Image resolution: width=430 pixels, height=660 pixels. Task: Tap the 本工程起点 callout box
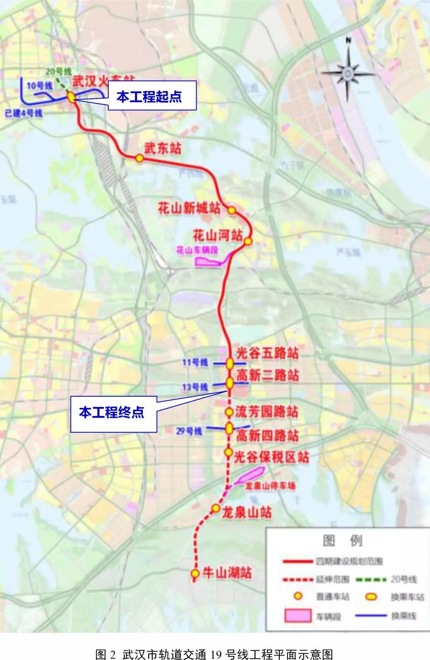point(152,96)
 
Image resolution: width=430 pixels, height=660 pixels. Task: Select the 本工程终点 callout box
point(113,414)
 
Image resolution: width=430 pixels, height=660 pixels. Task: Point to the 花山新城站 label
point(189,208)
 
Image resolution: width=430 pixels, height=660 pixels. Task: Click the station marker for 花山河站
point(248,241)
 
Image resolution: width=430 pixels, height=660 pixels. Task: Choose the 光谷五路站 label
point(267,352)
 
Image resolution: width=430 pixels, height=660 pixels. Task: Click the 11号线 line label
point(195,362)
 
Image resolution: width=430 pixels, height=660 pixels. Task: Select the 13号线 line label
point(195,387)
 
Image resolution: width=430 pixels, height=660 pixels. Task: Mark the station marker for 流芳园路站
point(229,412)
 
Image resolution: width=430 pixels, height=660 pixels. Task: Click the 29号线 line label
point(189,431)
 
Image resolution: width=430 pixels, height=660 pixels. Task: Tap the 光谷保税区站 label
point(271,457)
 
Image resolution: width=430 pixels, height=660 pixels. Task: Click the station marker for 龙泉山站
point(215,508)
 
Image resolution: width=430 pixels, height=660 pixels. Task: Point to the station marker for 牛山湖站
point(195,574)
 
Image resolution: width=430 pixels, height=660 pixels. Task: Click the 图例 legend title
point(342,540)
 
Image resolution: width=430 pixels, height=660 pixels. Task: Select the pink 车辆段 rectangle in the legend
point(298,615)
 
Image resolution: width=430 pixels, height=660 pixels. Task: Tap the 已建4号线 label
point(23,113)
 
